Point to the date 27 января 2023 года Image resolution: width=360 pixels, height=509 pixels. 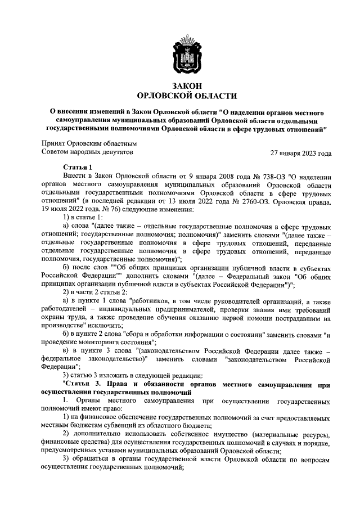(x=300, y=153)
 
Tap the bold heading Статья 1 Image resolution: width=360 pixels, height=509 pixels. (x=77, y=167)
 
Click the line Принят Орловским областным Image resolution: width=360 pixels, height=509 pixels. (x=89, y=143)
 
